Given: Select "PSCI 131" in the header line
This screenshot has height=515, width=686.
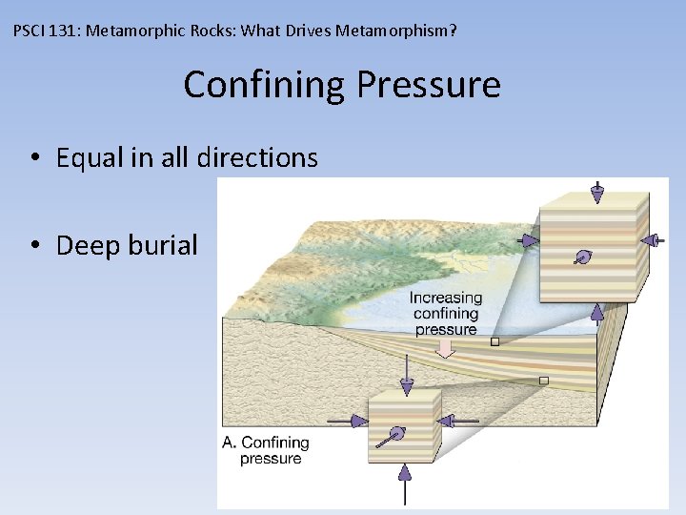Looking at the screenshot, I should pos(49,31).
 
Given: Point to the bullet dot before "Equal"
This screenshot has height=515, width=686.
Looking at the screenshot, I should pos(33,158).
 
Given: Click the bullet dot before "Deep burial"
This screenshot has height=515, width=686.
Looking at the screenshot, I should pos(33,246).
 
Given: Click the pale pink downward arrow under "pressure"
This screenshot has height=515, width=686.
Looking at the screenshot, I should pos(444,351).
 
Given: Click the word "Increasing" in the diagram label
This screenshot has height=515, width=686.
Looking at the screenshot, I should pos(446,298).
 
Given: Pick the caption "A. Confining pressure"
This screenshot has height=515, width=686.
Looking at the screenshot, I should pos(267,450).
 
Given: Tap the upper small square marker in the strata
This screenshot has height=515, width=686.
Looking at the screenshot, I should pos(494,340).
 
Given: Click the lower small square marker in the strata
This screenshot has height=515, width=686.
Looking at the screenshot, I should pos(543,381).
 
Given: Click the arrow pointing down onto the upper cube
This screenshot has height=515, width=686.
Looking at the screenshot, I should pos(596,192).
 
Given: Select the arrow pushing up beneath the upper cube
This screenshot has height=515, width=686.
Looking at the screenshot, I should pos(597,313).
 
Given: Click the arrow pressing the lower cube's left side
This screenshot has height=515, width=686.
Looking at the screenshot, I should pos(348,420).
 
